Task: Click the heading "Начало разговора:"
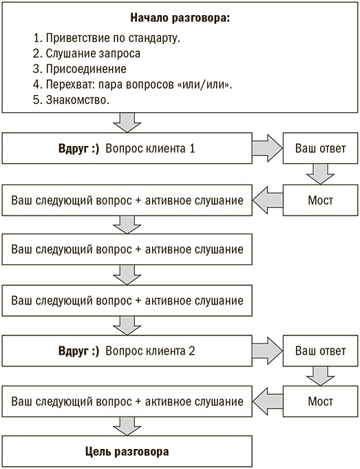(179, 19)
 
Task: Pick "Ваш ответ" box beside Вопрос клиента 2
(320, 351)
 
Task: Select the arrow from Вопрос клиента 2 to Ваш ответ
(266, 351)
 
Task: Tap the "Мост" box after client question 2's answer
(320, 402)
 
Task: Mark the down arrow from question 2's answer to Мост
(320, 376)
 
